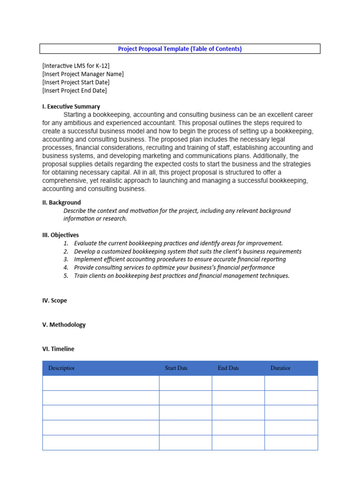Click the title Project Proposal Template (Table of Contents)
pos(180,49)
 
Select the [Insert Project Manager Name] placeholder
pos(83,74)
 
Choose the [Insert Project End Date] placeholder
pos(75,90)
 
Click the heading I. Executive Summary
pos(71,106)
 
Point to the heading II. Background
pos(61,202)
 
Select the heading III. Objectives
pos(60,235)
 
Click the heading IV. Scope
pos(54,300)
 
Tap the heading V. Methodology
pos(64,325)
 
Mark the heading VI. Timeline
pos(58,349)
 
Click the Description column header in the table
pos(61,368)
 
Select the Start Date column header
pos(176,368)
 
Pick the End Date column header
pos(228,368)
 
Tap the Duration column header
pos(280,368)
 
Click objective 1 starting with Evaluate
pos(178,243)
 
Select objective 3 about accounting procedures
pos(180,259)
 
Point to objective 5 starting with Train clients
pos(181,276)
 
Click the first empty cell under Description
pos(101,383)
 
